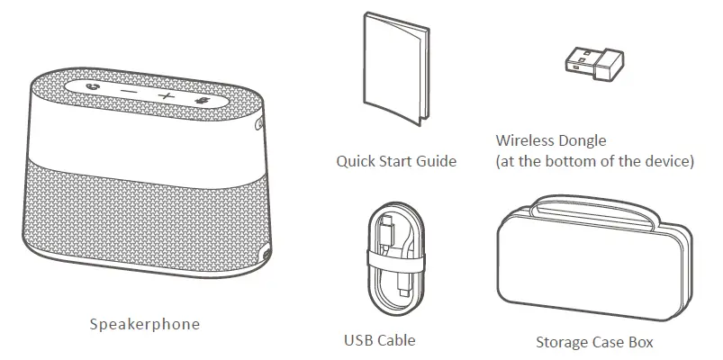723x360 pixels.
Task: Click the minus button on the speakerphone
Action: [131, 93]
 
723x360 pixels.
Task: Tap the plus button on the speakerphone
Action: [166, 95]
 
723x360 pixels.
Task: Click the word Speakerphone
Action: [144, 323]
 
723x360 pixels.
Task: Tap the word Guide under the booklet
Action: [437, 162]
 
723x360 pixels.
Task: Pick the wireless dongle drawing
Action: [595, 64]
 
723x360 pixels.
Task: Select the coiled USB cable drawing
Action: [393, 258]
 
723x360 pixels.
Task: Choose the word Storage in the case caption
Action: [563, 342]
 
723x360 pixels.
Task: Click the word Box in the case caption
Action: [641, 342]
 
